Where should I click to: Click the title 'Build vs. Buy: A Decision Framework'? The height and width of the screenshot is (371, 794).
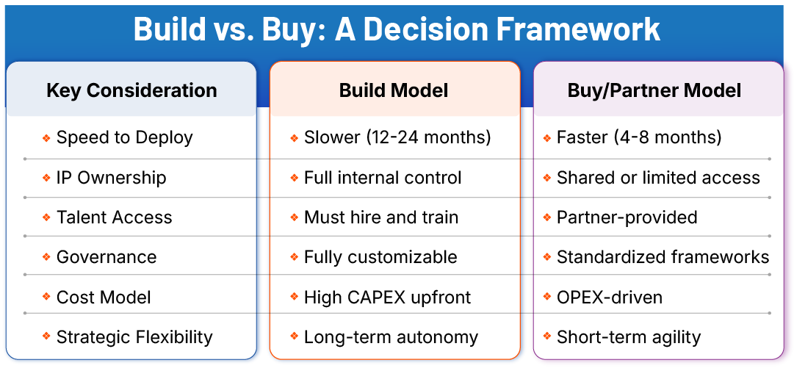pyautogui.click(x=397, y=29)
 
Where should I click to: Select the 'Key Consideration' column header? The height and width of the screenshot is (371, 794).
pyautogui.click(x=131, y=90)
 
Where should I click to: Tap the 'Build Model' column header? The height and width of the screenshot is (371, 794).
pyautogui.click(x=394, y=90)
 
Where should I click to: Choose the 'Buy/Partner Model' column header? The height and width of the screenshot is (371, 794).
pyautogui.click(x=654, y=90)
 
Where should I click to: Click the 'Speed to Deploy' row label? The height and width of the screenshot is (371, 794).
pyautogui.click(x=124, y=137)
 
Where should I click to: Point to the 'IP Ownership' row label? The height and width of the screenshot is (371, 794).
pyautogui.click(x=111, y=178)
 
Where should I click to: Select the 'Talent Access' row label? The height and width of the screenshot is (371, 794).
pyautogui.click(x=114, y=217)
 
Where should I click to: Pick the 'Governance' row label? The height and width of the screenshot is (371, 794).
pyautogui.click(x=107, y=257)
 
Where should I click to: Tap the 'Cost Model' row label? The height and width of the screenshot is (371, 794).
pyautogui.click(x=104, y=298)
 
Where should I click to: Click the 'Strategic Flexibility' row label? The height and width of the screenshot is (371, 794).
pyautogui.click(x=134, y=337)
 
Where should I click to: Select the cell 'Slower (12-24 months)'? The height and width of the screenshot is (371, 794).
pyautogui.click(x=397, y=137)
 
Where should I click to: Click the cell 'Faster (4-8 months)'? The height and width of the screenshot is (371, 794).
pyautogui.click(x=639, y=137)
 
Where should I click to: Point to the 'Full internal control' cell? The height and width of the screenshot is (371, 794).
pyautogui.click(x=383, y=178)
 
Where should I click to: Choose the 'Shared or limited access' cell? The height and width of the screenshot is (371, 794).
pyautogui.click(x=658, y=178)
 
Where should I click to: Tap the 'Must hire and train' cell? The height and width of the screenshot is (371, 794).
pyautogui.click(x=381, y=217)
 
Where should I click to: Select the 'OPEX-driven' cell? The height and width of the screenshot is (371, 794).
pyautogui.click(x=610, y=298)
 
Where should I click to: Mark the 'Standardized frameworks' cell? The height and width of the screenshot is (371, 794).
pyautogui.click(x=663, y=257)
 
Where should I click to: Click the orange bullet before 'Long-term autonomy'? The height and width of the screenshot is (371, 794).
pyautogui.click(x=294, y=338)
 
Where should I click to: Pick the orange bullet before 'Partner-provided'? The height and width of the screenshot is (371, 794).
pyautogui.click(x=547, y=218)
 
